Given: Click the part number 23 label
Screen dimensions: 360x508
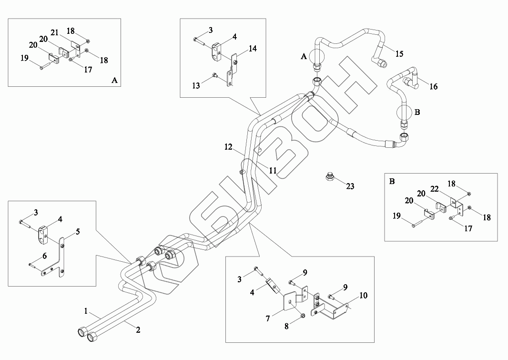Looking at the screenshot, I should (x=350, y=186).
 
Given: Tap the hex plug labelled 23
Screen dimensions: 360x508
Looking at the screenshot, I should (x=328, y=176).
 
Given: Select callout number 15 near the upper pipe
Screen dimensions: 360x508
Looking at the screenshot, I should (x=399, y=53).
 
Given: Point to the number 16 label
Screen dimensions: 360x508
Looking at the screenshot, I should (x=433, y=86).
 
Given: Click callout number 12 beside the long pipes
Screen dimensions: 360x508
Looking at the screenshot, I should (x=228, y=148).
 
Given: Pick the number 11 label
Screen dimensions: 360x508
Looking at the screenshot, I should (x=273, y=170).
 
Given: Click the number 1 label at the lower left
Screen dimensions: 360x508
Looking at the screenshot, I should (x=86, y=311).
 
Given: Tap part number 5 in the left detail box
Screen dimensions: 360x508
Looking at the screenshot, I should (x=78, y=232).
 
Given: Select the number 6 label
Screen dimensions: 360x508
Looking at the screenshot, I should (x=44, y=256).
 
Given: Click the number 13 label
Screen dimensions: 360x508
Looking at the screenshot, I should (x=195, y=85).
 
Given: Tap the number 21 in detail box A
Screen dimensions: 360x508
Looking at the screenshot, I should (x=55, y=32).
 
